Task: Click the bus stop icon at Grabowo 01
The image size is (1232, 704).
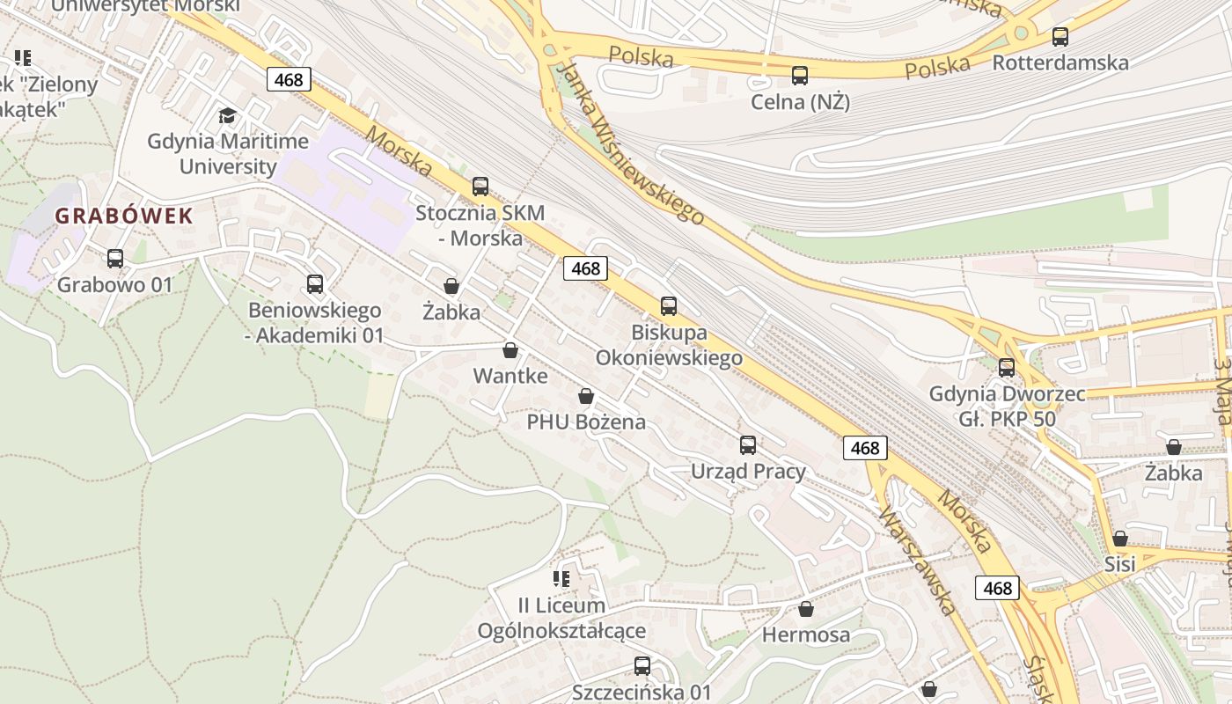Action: pos(115,259)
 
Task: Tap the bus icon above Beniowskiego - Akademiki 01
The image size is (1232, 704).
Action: pos(315,284)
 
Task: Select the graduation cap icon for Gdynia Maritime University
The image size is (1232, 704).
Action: pos(228,116)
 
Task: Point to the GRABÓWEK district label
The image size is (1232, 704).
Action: pos(124,216)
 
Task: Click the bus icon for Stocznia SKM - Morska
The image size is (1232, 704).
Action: pos(480,187)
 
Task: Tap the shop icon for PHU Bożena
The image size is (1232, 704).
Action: pos(586,396)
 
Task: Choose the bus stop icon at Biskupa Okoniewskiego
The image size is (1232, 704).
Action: pos(669,306)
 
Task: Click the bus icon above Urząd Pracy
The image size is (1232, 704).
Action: pos(748,445)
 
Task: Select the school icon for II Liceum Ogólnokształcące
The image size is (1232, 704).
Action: pos(562,579)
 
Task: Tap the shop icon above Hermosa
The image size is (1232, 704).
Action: pos(806,609)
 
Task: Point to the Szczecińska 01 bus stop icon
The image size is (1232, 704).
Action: pos(642,666)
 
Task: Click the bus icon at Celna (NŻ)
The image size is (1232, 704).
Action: pos(800,76)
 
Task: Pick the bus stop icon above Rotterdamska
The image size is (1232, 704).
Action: pos(1060,37)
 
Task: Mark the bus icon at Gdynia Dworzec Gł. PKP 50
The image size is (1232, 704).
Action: pos(1007,368)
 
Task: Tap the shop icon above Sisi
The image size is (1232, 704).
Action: pos(1120,538)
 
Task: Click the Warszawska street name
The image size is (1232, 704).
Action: pos(916,561)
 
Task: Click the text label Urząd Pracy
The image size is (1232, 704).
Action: pos(748,471)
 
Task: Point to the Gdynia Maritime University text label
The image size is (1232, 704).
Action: pos(228,153)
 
